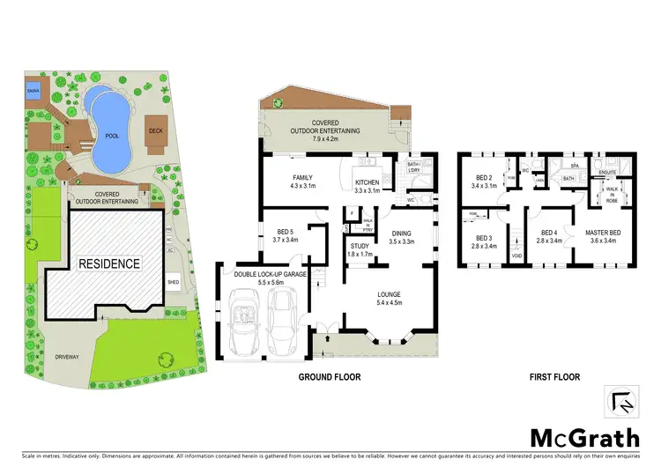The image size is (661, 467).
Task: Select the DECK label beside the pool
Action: [x=156, y=130]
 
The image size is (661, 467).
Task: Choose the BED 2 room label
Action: [x=482, y=179]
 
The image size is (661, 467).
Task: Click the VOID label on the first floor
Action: [x=516, y=256]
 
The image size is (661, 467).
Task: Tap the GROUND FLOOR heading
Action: [x=329, y=376]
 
